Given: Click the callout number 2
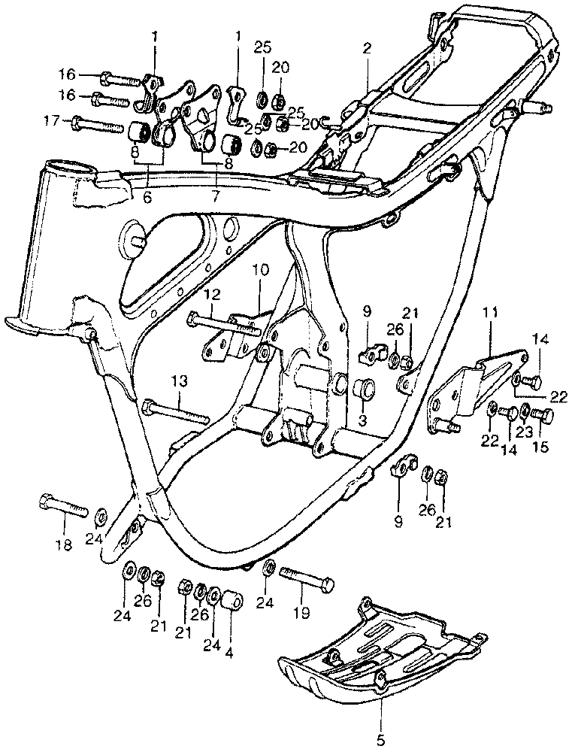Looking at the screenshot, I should [x=367, y=49].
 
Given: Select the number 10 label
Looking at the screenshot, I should [x=259, y=269].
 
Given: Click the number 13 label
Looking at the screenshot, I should [x=178, y=383].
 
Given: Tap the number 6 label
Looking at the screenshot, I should [x=147, y=199].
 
